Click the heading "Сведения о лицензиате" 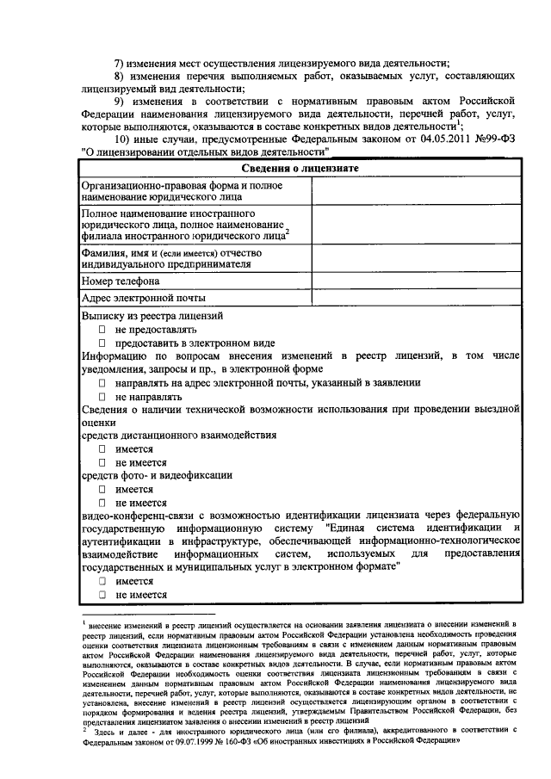point(300,168)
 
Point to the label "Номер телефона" point(121,281)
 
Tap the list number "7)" point(121,64)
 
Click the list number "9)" point(121,102)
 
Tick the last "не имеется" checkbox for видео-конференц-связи point(102,595)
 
